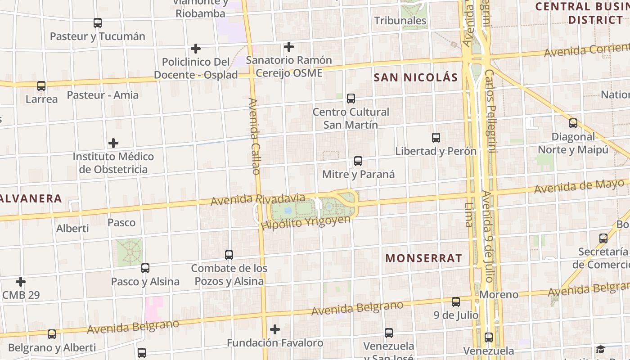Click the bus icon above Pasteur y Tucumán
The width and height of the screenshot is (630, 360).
[x=97, y=22]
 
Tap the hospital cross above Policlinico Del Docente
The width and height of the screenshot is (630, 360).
[x=196, y=48]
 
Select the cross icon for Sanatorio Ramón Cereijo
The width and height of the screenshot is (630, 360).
[x=289, y=46]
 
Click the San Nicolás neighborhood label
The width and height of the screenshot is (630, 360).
[x=415, y=77]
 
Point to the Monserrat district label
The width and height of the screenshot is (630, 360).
[x=423, y=258]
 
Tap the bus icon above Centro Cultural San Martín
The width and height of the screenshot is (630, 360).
[x=351, y=98]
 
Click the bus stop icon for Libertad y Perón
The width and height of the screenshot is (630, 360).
[x=436, y=138]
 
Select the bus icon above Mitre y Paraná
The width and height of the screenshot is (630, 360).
[x=358, y=161]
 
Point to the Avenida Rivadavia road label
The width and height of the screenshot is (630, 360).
[x=258, y=199]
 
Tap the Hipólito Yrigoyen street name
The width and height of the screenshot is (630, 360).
[x=306, y=222]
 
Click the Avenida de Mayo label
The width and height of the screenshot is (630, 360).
[x=580, y=186]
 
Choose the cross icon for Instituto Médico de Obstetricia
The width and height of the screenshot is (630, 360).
[x=113, y=143]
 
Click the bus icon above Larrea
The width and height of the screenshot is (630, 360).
[x=41, y=85]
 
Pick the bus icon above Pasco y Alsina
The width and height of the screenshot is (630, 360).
[x=145, y=268]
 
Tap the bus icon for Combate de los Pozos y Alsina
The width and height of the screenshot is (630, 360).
[x=229, y=255]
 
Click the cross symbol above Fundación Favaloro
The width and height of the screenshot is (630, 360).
[x=275, y=329]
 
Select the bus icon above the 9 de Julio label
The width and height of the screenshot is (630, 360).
[x=456, y=301]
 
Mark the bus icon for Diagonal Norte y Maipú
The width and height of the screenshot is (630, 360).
[x=573, y=123]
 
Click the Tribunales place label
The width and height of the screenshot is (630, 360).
[x=400, y=21]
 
